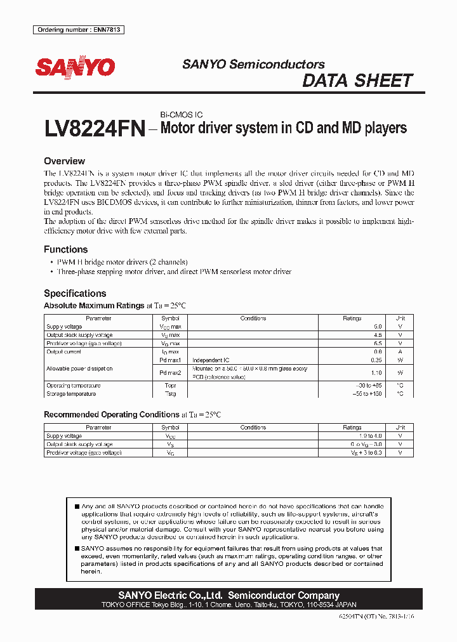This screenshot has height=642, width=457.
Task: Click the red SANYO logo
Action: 75,67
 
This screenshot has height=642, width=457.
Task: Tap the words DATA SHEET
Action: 357,81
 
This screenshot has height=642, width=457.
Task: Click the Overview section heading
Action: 64,161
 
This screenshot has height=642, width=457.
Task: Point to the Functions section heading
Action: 65,249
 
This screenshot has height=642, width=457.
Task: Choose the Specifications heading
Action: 74,293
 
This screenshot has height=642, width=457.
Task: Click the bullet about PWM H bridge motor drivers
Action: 118,262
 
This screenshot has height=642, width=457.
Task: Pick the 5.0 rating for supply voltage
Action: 377,327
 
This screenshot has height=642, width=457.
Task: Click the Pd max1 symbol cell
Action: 170,360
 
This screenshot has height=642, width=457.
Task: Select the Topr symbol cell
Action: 170,386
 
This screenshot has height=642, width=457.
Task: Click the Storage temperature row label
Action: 71,394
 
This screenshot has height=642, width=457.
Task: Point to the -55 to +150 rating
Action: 369,394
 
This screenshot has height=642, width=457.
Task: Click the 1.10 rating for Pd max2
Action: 376,372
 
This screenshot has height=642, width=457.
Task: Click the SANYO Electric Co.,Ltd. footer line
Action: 228,596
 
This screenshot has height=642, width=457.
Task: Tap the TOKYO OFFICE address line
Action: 228,605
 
